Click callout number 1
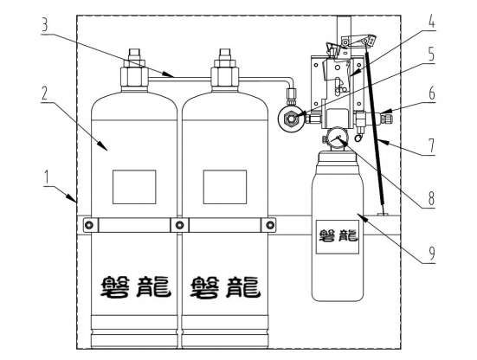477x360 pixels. pos(46,177)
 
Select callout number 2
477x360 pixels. pos(45,93)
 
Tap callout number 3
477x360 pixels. pos(45,24)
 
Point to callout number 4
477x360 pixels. pos(431,22)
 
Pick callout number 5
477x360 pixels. pos(432,54)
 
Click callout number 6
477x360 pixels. pos(432,93)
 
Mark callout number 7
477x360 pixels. pos(432,145)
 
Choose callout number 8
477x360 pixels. pos(431,198)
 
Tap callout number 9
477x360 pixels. pos(432,253)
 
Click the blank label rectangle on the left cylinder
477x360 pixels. pos(134,187)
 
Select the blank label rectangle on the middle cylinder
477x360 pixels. pos(225,187)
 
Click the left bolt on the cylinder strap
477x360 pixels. pos(88,225)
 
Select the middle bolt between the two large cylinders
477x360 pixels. pos(179,225)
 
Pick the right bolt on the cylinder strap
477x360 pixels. pos(269,225)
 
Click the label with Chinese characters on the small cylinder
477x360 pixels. pos(338,237)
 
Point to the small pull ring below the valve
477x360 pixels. pos(358,138)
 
